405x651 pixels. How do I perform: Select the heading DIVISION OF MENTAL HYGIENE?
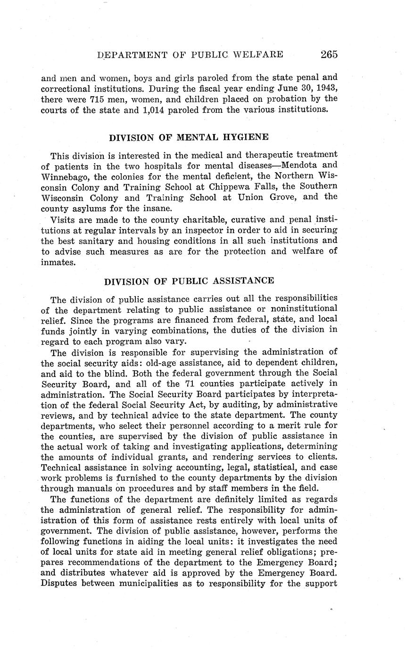[x=189, y=137]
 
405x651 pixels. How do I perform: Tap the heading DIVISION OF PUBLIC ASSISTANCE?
[x=189, y=281]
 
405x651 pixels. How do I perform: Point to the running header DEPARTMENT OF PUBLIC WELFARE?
[x=190, y=55]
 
